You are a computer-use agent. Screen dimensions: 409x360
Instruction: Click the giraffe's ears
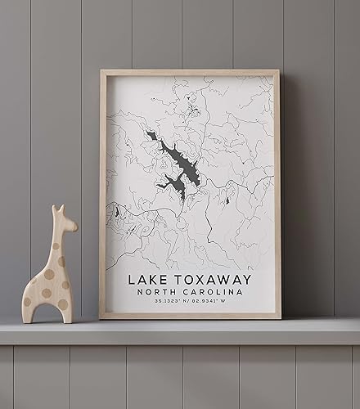click(57, 210)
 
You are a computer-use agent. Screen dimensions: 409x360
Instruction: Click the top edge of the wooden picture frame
click(190, 72)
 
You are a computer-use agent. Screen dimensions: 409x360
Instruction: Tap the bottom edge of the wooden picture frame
click(190, 316)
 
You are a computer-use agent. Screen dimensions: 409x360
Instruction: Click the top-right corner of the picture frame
click(278, 72)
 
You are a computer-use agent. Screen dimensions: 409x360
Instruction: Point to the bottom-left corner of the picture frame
click(102, 316)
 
